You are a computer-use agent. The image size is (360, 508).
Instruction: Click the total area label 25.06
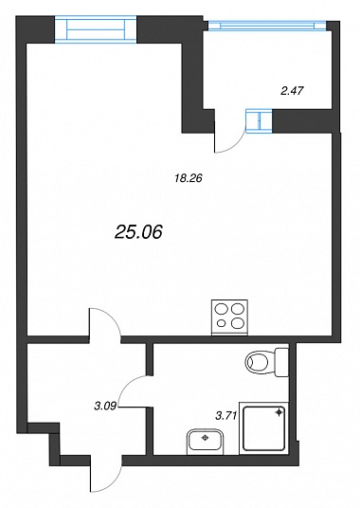138,232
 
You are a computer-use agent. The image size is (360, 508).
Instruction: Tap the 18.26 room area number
189,178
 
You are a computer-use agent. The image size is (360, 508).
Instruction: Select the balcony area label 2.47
292,91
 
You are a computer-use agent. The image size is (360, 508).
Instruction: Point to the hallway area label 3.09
105,406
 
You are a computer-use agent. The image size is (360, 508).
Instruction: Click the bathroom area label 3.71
226,415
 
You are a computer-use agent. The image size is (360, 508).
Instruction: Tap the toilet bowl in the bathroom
260,362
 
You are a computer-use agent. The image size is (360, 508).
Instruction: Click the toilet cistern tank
281,362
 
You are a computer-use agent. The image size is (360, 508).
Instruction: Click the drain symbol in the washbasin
205,438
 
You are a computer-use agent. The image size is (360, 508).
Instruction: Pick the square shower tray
263,428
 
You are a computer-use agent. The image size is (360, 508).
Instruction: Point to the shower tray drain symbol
279,412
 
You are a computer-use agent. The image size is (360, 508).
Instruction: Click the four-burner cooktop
229,317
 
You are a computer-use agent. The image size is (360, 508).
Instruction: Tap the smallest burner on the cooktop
222,322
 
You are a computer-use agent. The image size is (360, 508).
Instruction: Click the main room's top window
96,29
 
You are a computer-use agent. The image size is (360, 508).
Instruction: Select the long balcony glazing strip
267,26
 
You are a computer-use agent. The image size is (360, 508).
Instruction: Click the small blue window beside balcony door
259,121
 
